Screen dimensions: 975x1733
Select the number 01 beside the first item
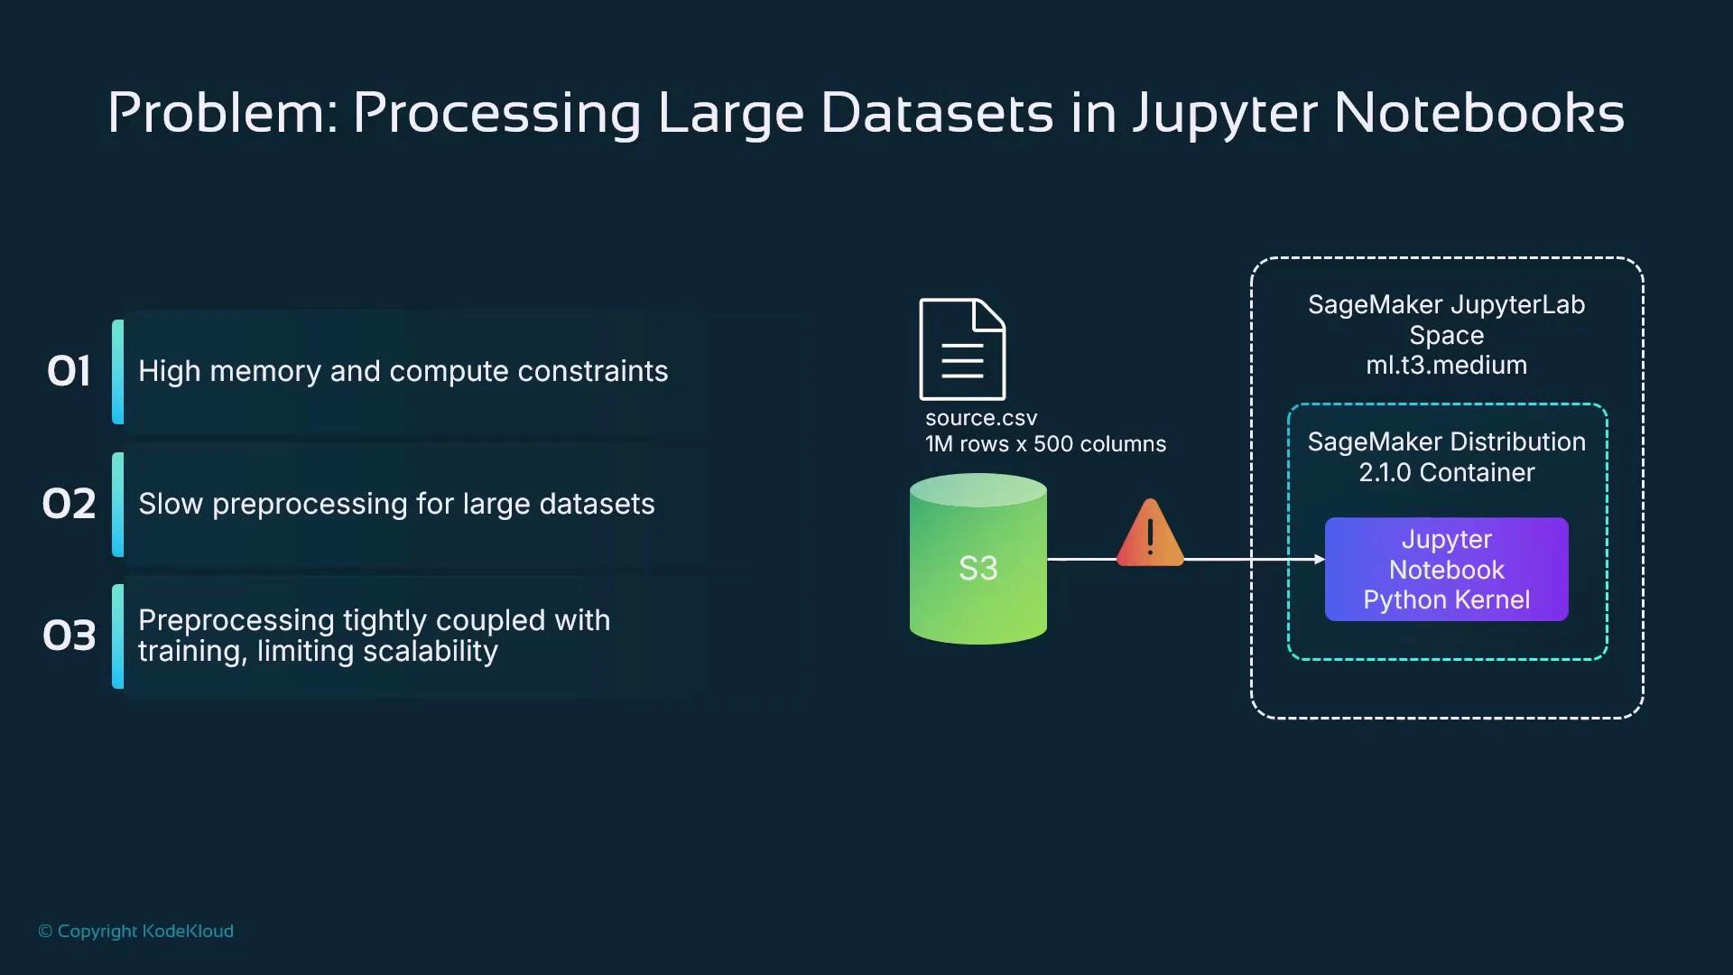pos(69,371)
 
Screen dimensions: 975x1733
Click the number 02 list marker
pos(69,504)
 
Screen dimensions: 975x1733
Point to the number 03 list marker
pos(69,636)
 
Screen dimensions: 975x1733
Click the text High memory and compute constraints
pos(403,371)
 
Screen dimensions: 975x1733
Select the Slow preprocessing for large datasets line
pos(396,504)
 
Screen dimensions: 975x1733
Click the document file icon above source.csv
pos(962,349)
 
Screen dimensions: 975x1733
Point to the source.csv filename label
pos(981,418)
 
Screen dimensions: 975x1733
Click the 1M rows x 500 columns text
pos(1045,444)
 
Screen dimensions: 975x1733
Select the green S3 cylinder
pos(978,560)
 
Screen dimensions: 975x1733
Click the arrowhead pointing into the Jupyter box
pos(1320,560)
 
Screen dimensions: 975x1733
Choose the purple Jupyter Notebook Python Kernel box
pos(1446,570)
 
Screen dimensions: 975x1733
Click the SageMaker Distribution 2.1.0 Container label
pos(1446,457)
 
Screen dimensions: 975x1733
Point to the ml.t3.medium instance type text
pos(1446,366)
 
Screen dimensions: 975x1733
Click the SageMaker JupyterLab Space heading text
pos(1446,320)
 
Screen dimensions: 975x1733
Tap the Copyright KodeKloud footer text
pos(136,931)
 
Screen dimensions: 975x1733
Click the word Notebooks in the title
pos(1478,114)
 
